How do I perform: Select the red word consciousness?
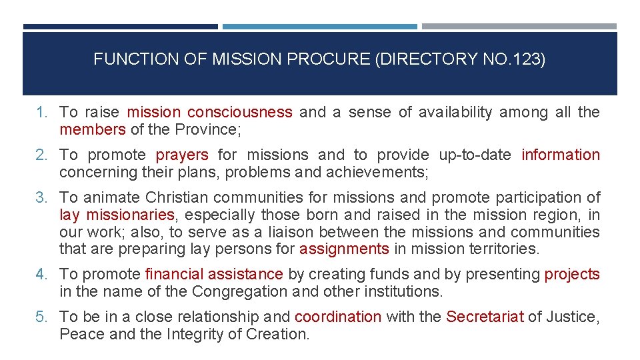(x=239, y=112)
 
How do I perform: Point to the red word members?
(x=92, y=129)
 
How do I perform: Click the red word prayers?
(x=182, y=155)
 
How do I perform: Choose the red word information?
(x=561, y=155)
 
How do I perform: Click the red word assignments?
(x=344, y=249)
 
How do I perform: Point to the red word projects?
(x=572, y=274)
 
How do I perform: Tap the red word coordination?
(x=338, y=317)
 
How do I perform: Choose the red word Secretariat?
(x=485, y=317)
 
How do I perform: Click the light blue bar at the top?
(x=319, y=27)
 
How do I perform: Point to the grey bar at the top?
(x=519, y=27)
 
